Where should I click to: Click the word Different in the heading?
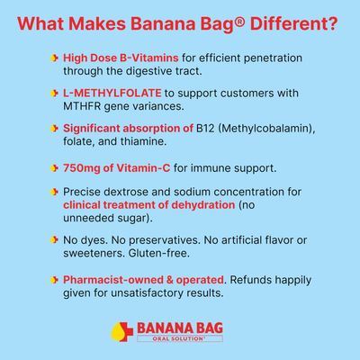[x=290, y=23]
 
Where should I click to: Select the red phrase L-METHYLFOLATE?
[x=112, y=93]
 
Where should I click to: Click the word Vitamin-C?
[x=143, y=168]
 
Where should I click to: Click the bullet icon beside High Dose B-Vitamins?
[x=54, y=58]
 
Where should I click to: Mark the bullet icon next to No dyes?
[x=54, y=240]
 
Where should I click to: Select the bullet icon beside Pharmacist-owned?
[x=54, y=280]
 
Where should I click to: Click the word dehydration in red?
[x=202, y=205]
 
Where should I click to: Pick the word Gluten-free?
[x=159, y=254]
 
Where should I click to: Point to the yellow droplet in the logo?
[x=118, y=334]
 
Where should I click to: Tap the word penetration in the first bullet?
[x=273, y=58]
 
